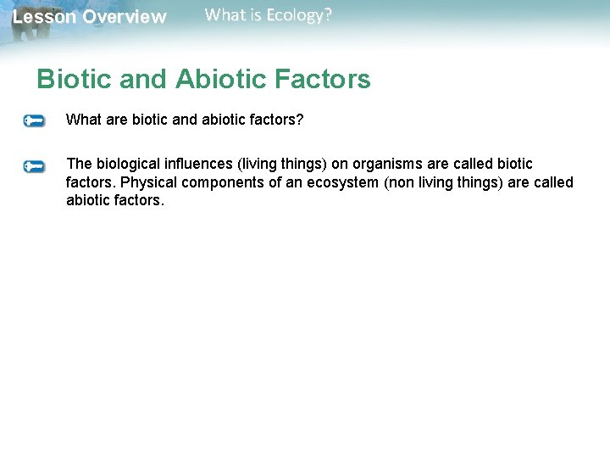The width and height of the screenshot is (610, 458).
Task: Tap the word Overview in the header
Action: pos(125,17)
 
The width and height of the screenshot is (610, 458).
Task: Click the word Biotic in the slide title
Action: pos(73,80)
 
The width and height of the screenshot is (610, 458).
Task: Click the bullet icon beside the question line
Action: pos(34,121)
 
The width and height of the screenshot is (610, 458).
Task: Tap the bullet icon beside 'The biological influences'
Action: pos(34,165)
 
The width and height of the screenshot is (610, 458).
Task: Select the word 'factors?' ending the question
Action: pos(277,120)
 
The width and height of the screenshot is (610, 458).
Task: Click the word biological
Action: pos(130,164)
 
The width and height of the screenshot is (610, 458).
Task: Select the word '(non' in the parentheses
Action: pos(401,182)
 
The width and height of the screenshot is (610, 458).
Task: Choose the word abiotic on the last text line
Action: pos(87,201)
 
